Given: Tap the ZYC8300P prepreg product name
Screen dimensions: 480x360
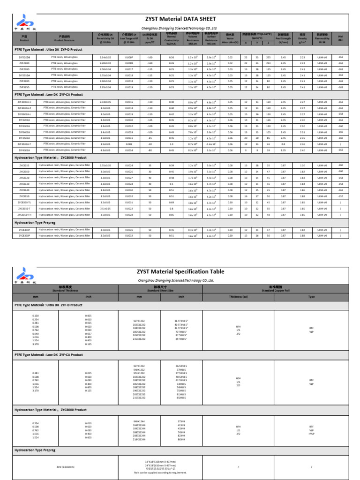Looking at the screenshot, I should [x=24, y=230].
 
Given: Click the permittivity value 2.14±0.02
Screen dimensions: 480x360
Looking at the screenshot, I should [x=105, y=57].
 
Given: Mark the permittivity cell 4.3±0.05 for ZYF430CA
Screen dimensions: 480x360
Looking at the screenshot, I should [x=105, y=150].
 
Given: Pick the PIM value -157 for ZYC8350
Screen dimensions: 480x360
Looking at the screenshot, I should [x=340, y=196].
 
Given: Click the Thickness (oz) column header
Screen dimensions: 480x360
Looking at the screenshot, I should [x=238, y=297].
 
